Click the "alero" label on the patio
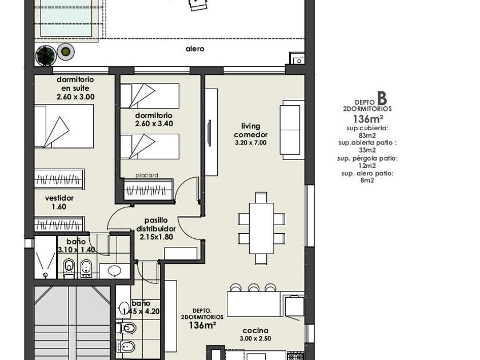(x=195, y=49)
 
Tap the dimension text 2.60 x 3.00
(x=75, y=97)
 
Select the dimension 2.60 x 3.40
(x=154, y=123)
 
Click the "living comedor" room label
(x=251, y=130)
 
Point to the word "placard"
(x=147, y=175)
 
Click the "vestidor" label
(x=59, y=198)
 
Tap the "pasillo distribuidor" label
(x=156, y=225)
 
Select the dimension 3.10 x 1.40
(x=77, y=250)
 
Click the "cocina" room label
(x=255, y=331)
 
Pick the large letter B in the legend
(x=382, y=98)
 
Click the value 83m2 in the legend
(x=367, y=135)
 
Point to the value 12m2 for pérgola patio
(x=367, y=166)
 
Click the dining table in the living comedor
(x=262, y=229)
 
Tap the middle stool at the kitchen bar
(x=254, y=288)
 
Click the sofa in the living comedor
(x=292, y=130)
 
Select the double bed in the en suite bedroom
(x=64, y=126)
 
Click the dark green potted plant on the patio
(x=46, y=55)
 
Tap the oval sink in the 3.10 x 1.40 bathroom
(x=115, y=270)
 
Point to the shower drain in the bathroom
(x=45, y=275)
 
